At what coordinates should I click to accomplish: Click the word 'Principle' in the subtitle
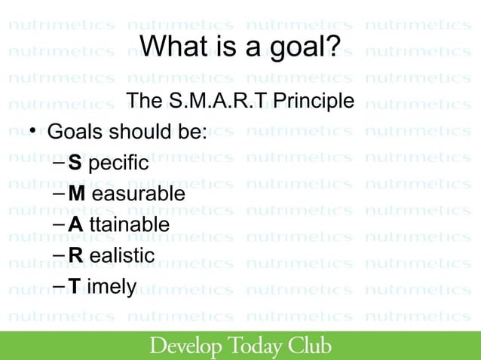pos(313,100)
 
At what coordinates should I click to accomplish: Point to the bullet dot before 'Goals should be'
pos(33,133)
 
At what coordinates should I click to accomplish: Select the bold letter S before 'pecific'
pos(74,163)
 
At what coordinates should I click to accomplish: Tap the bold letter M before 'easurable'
pos(76,194)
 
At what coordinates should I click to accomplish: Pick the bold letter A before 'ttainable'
pos(75,225)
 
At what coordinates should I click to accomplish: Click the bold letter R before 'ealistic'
pos(75,256)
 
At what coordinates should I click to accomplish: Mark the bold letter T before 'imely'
pos(74,287)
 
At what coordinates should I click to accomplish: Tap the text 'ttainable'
pos(129,225)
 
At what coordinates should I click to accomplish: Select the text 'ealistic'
pos(122,256)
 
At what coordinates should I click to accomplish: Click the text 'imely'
pos(112,288)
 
